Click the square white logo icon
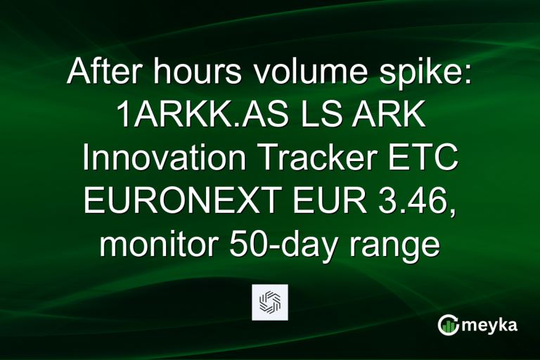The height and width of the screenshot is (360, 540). click(x=270, y=302)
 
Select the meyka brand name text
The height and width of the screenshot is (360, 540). click(x=491, y=326)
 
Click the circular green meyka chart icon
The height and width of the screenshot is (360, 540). click(x=449, y=325)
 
